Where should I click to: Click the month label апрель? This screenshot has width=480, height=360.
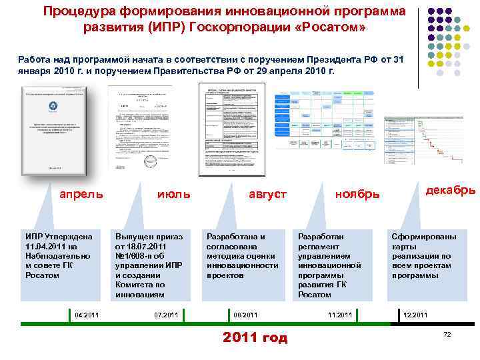[81, 195]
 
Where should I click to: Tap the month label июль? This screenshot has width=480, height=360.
[173, 194]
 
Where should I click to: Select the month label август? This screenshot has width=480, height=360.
[267, 195]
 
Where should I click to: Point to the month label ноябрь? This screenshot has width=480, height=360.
[357, 195]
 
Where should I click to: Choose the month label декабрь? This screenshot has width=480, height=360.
[451, 190]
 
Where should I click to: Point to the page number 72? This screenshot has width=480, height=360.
[448, 333]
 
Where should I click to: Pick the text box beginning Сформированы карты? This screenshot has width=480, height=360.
[424, 256]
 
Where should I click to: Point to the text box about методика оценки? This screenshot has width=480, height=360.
[243, 256]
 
